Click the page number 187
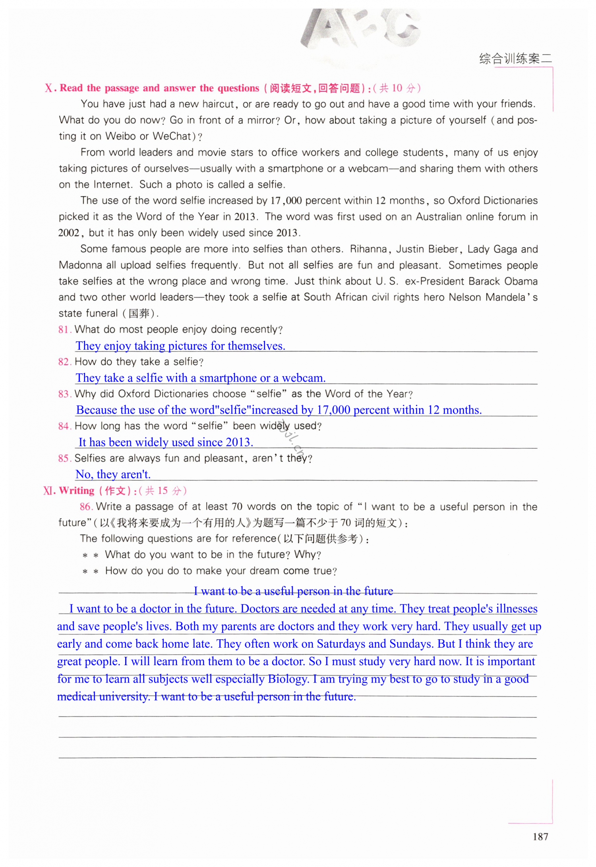[540, 836]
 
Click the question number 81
[64, 329]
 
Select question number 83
[64, 394]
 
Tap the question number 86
[85, 507]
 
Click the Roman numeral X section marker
[50, 88]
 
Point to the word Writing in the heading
[77, 491]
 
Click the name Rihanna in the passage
[368, 249]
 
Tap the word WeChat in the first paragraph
[172, 136]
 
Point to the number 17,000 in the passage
[286, 201]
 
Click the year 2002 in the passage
[69, 233]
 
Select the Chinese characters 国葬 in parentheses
[139, 314]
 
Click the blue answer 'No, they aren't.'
[113, 474]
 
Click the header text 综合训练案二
[515, 59]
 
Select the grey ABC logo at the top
[360, 30]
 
